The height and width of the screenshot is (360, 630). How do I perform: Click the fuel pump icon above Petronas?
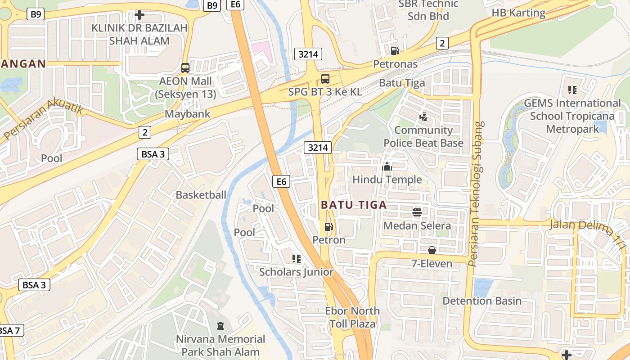[x=395, y=50]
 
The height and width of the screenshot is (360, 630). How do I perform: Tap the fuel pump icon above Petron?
[x=329, y=227]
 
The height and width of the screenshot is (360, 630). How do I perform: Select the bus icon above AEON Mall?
[x=185, y=68]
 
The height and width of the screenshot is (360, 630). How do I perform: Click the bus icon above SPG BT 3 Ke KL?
[x=325, y=79]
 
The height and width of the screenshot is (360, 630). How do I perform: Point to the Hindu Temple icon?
[x=387, y=167]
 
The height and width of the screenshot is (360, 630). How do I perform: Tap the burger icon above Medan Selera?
[x=417, y=212]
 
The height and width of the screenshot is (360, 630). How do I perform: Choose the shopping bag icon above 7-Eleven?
[x=432, y=250]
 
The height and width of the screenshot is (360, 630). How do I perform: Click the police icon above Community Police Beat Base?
[x=423, y=117]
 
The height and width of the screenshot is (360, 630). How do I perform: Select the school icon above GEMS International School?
[x=572, y=90]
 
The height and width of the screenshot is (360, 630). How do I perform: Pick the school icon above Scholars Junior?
[x=296, y=259]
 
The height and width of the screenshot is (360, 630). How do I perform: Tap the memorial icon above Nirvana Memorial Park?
[x=220, y=325]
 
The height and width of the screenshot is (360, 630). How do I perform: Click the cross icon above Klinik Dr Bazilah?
[x=139, y=15]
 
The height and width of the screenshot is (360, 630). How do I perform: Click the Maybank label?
[x=188, y=113]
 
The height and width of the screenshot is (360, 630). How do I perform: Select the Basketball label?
[x=201, y=195]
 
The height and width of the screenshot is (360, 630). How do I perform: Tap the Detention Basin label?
[x=482, y=301]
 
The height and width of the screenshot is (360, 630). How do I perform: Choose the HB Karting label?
[x=518, y=13]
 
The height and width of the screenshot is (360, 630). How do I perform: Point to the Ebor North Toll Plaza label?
[x=352, y=317]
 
